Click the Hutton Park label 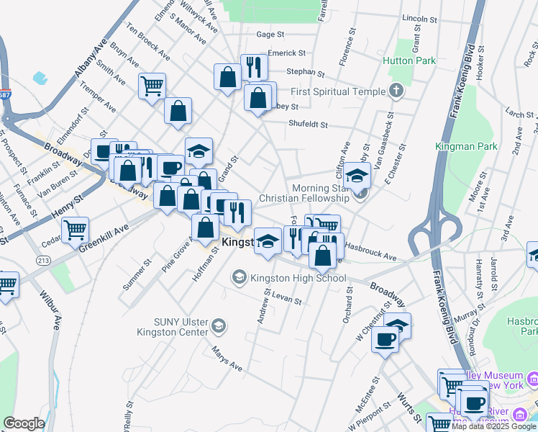coord(409,61)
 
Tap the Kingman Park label coord(466,146)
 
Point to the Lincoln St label coord(420,18)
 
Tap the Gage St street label coord(271,34)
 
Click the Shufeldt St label coord(308,124)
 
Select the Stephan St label coord(306,72)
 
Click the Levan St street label coord(286,299)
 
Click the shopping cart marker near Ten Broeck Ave coord(152,86)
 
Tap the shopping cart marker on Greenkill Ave coord(75,230)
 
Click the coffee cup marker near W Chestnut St coord(386,339)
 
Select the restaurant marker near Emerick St coord(253,68)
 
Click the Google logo coord(24,423)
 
